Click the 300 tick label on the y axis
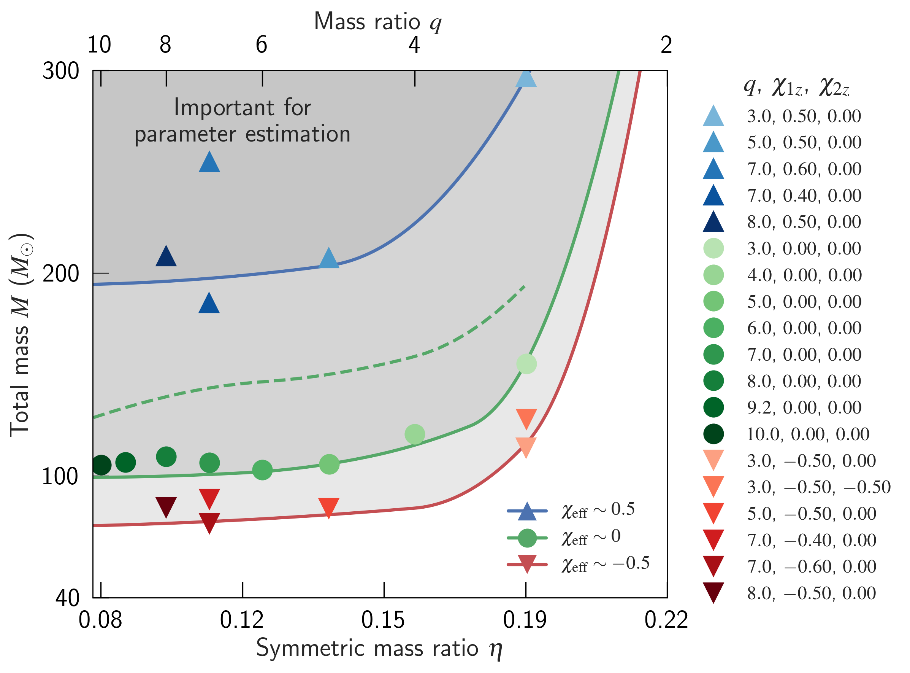point(61,71)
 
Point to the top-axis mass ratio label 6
point(262,45)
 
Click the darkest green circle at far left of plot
point(101,465)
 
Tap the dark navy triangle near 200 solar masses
point(166,257)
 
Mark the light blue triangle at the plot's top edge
point(526,77)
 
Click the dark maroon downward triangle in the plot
point(166,506)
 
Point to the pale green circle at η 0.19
point(526,364)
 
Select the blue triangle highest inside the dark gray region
point(209,162)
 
